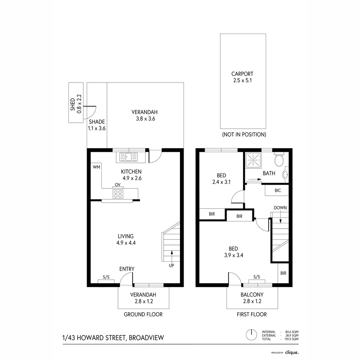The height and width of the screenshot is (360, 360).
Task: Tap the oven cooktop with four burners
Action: [x=118, y=194]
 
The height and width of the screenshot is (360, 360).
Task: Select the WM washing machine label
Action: [x=96, y=166]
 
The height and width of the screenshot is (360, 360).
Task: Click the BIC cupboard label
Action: [x=278, y=190]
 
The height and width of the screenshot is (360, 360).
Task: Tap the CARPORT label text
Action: [x=242, y=74]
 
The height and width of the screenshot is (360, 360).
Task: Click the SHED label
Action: [x=73, y=104]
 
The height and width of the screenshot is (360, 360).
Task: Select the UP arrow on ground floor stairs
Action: [x=172, y=258]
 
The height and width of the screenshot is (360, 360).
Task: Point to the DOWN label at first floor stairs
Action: [x=280, y=208]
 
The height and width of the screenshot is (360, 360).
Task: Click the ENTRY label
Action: [x=127, y=269]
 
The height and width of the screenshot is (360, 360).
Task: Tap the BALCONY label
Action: [x=252, y=295]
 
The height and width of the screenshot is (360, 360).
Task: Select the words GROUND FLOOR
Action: [x=143, y=314]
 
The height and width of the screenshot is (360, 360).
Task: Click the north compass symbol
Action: [x=251, y=334]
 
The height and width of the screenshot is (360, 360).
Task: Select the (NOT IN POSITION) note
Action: [x=244, y=135]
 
